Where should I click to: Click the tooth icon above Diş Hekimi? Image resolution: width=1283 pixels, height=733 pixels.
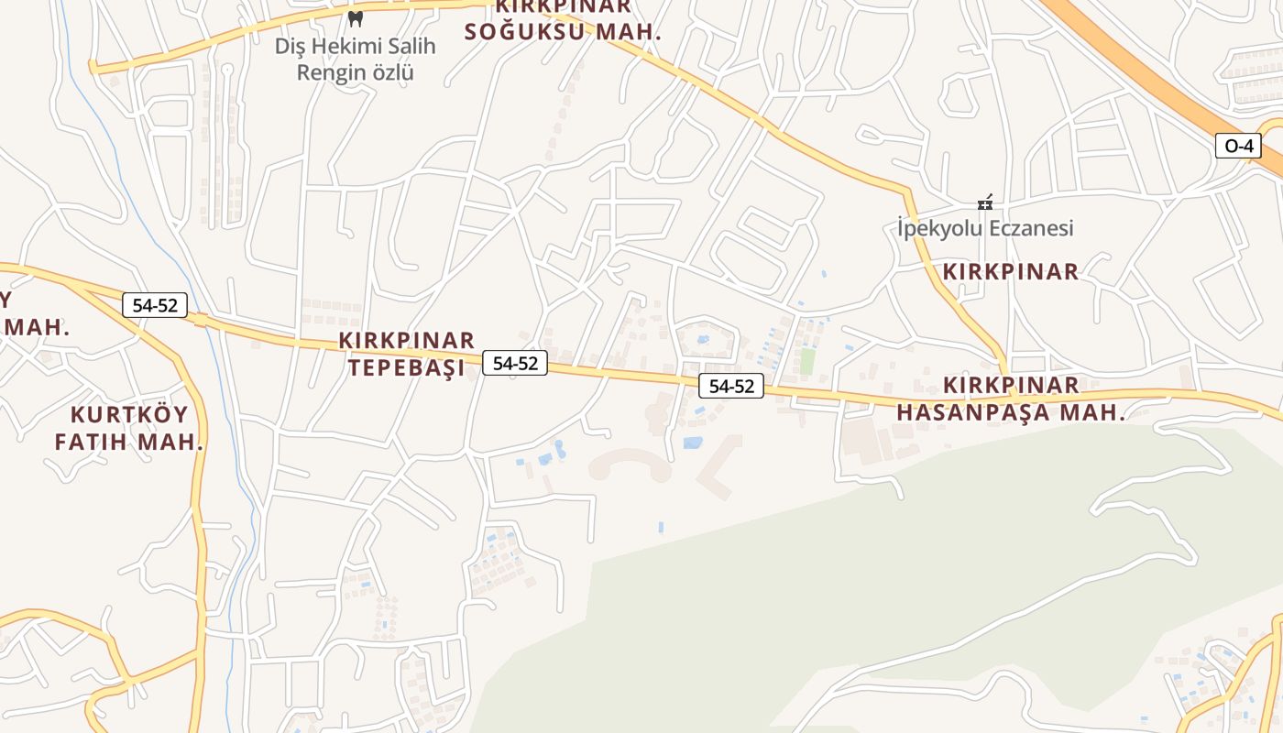tap(356, 17)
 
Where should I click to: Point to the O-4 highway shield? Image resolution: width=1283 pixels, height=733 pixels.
tap(1238, 146)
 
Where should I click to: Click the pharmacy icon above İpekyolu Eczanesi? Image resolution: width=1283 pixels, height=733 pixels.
tap(985, 202)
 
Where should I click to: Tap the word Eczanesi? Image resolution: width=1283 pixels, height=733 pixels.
tap(1027, 228)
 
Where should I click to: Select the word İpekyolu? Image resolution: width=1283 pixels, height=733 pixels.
tap(937, 228)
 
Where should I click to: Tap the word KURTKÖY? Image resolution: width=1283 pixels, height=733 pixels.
tap(129, 414)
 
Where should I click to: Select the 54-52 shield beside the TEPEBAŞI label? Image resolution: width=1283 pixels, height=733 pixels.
tap(515, 363)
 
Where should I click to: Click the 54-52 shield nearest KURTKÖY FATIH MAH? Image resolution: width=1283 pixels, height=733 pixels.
tap(154, 305)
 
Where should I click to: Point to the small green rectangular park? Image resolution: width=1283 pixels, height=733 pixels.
tap(806, 360)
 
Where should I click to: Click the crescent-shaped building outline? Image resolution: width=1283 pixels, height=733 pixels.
tap(630, 464)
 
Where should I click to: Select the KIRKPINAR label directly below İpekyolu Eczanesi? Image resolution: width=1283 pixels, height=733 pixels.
tap(1011, 271)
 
